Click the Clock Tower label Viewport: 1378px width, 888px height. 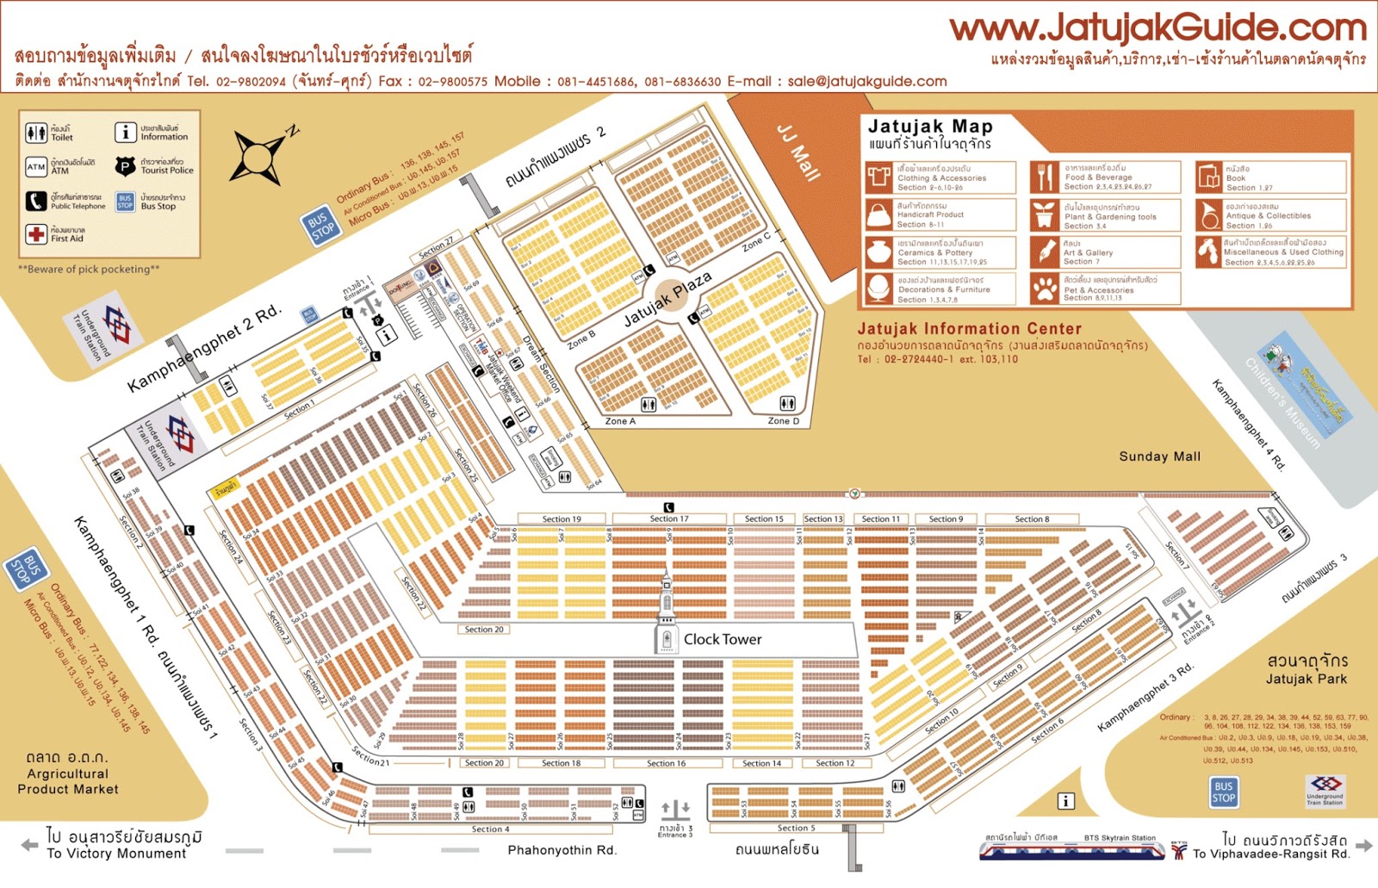pyautogui.click(x=722, y=639)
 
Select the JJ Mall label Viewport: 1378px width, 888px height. pyautogui.click(x=798, y=152)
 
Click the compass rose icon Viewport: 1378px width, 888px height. pyautogui.click(x=258, y=157)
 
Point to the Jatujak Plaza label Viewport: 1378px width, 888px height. pyautogui.click(x=667, y=299)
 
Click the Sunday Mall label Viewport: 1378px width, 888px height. pyautogui.click(x=1159, y=456)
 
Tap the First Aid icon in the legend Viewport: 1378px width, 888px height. pyautogui.click(x=36, y=234)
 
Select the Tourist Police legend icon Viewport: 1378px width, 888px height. pyautogui.click(x=126, y=166)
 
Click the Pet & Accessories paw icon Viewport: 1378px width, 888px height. pyautogui.click(x=1045, y=289)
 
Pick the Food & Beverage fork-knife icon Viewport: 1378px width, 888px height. pyautogui.click(x=1045, y=177)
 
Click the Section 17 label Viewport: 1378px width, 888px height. pyautogui.click(x=669, y=519)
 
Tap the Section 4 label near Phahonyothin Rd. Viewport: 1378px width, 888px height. pyautogui.click(x=490, y=829)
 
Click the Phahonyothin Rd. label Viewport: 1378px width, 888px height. pyautogui.click(x=562, y=850)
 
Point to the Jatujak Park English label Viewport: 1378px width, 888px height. pyautogui.click(x=1306, y=680)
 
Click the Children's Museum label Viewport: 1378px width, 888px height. pyautogui.click(x=1282, y=403)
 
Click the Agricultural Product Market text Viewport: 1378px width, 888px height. pyautogui.click(x=68, y=781)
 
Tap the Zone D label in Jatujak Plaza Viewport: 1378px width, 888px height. pyautogui.click(x=784, y=421)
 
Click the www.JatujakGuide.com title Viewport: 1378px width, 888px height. pyautogui.click(x=1158, y=28)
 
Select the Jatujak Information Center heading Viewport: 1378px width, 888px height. pyautogui.click(x=969, y=329)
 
